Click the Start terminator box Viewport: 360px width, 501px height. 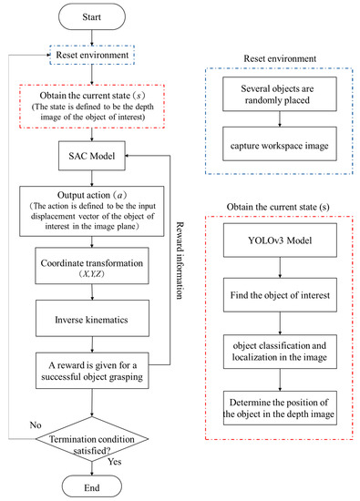pos(97,15)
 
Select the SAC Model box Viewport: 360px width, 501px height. pos(97,157)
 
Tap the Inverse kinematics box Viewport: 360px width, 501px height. pos(97,319)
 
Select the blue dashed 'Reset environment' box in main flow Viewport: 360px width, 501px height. pos(97,56)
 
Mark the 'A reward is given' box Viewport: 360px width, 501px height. pos(97,372)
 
